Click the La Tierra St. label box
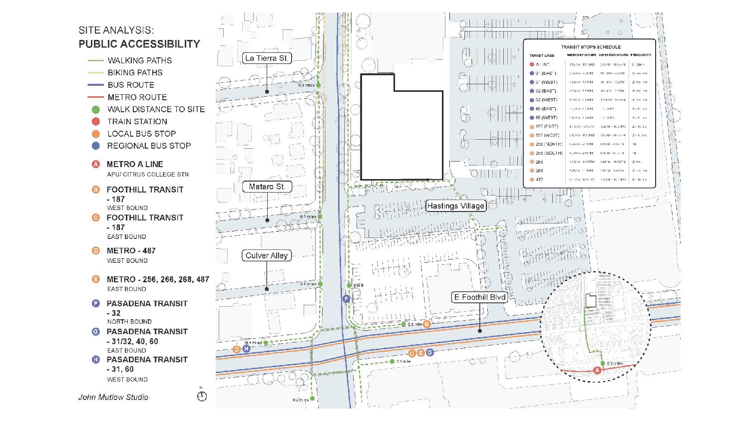pyautogui.click(x=267, y=58)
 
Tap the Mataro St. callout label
pyautogui.click(x=267, y=187)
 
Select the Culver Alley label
pyautogui.click(x=267, y=256)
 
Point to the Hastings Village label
pyautogui.click(x=455, y=206)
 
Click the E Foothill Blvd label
pyautogui.click(x=479, y=297)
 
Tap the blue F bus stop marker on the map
pyautogui.click(x=346, y=299)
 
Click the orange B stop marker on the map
pyautogui.click(x=427, y=324)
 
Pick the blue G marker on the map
pyautogui.click(x=430, y=353)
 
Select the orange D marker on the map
pyautogui.click(x=237, y=349)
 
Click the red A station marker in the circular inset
pyautogui.click(x=597, y=370)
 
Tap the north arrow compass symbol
pyautogui.click(x=202, y=396)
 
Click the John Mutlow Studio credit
pyautogui.click(x=113, y=398)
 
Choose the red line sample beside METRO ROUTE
pyautogui.click(x=95, y=97)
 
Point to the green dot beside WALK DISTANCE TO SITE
pyautogui.click(x=96, y=109)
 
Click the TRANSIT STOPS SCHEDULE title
pyautogui.click(x=591, y=47)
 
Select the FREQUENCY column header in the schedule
pyautogui.click(x=641, y=55)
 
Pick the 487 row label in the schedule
pyautogui.click(x=539, y=180)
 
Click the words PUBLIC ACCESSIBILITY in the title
pyautogui.click(x=139, y=44)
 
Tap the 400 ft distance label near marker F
pyautogui.click(x=358, y=286)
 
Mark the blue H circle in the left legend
pyautogui.click(x=96, y=360)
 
